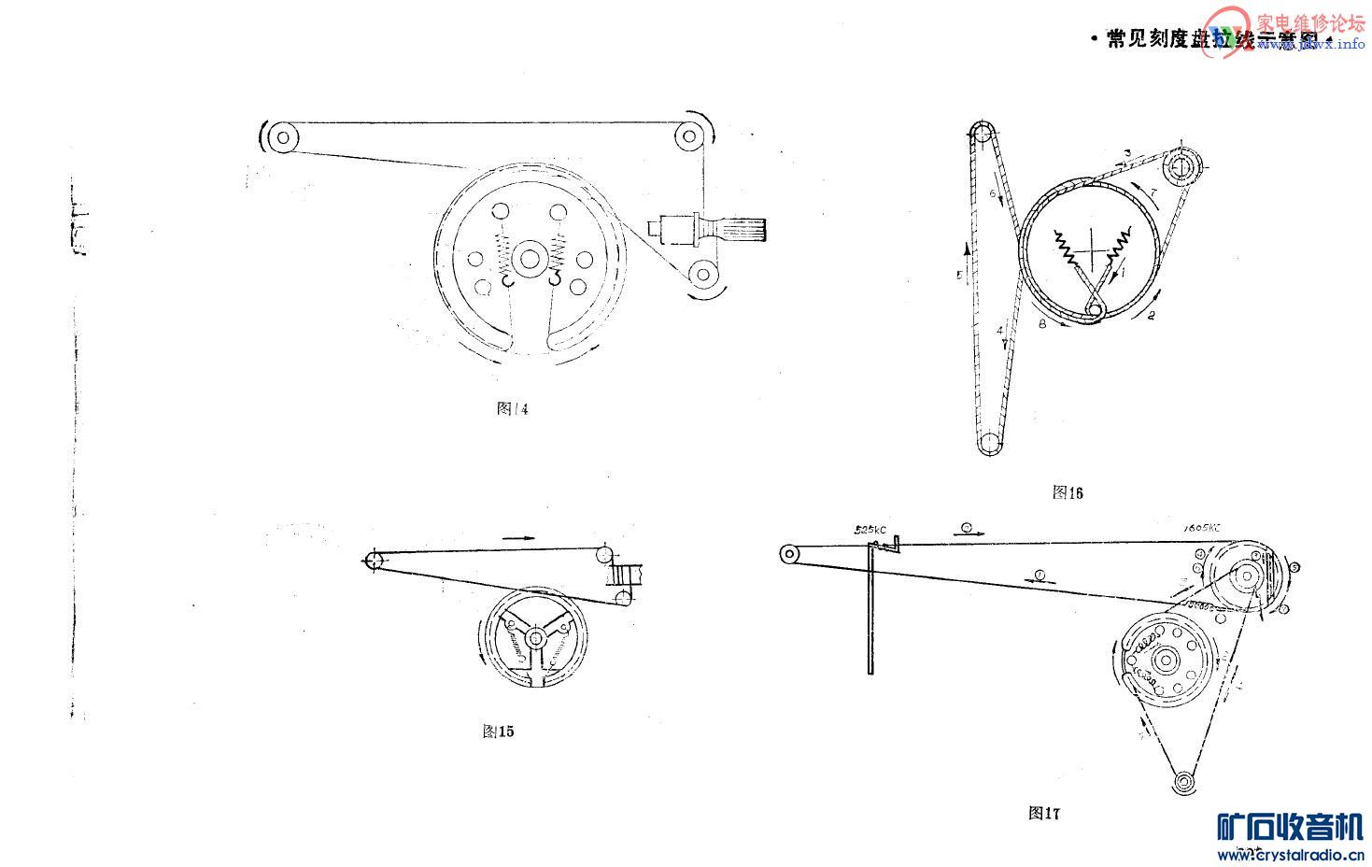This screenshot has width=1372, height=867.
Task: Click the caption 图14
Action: [513, 409]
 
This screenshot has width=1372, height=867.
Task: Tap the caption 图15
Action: [498, 732]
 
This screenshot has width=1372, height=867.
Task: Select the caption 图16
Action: [1068, 492]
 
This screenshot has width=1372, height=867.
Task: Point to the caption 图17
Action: [1044, 813]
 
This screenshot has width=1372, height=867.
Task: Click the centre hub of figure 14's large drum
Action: [530, 259]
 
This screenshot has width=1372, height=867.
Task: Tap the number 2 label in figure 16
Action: [1151, 317]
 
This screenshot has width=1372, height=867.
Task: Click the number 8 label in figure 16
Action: [1042, 324]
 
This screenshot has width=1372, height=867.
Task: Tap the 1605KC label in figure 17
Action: [1200, 528]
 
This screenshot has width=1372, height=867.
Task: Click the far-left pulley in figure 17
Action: [789, 554]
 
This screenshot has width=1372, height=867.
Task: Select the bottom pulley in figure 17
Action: [1184, 781]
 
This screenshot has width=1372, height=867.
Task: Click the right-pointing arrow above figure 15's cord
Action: [518, 538]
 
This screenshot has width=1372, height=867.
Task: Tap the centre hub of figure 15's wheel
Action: [535, 639]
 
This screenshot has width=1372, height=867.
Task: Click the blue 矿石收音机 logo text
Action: [1290, 828]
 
